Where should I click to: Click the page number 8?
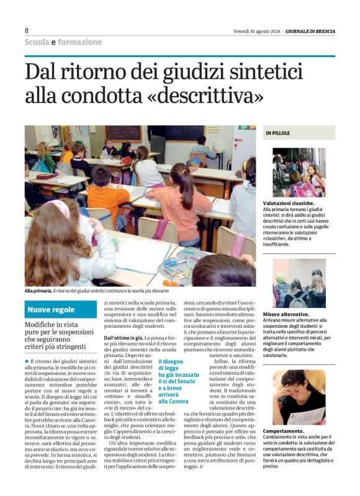(27, 30)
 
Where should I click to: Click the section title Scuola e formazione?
(63, 42)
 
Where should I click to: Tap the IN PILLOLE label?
(278, 133)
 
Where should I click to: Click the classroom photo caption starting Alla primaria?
(96, 291)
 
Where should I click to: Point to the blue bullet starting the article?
(27, 361)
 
